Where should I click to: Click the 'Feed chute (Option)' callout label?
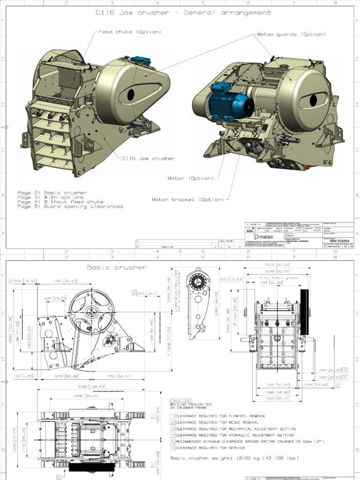(x=130, y=32)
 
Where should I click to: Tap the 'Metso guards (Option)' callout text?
(x=291, y=34)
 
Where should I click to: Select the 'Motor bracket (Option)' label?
(x=187, y=200)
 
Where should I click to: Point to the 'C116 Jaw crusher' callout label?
(x=149, y=158)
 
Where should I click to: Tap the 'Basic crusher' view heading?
(x=117, y=268)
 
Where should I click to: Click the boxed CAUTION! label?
(x=180, y=400)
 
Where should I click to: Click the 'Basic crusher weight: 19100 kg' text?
(x=234, y=458)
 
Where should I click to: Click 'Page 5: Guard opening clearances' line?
(x=70, y=206)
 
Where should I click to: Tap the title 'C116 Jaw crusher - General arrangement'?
(x=183, y=13)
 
